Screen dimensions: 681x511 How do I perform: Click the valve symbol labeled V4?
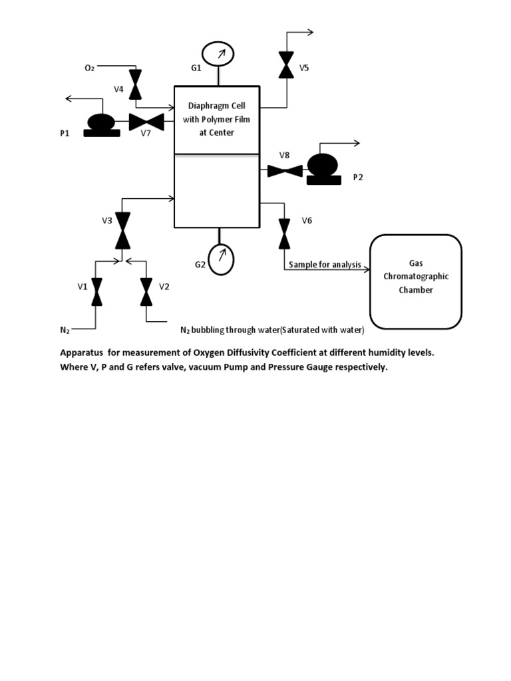[x=135, y=85]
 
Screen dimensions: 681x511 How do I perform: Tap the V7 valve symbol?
[x=146, y=122]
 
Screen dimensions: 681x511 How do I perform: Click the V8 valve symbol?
[x=285, y=171]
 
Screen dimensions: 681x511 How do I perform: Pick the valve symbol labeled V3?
[x=123, y=229]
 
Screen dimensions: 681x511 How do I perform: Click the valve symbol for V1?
[x=96, y=291]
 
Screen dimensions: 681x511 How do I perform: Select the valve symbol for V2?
[x=146, y=291]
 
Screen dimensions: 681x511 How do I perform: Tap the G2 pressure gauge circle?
[x=221, y=259]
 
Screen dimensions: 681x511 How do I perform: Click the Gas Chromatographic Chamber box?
[x=416, y=281]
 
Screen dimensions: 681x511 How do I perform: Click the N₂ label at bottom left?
[x=65, y=329]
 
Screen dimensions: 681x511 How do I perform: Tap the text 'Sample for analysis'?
[x=325, y=265]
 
